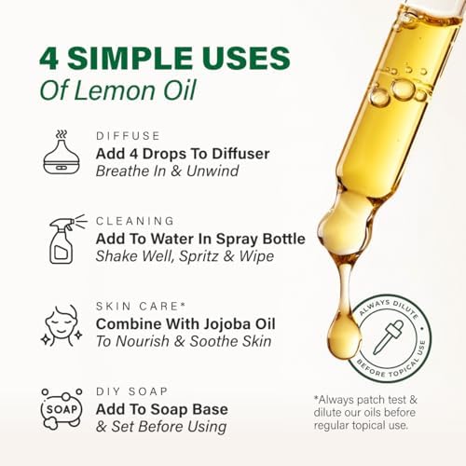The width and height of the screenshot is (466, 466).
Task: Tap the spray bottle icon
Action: tap(67, 240)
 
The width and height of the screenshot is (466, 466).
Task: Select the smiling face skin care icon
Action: tap(62, 325)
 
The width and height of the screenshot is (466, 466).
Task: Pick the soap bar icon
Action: tap(62, 409)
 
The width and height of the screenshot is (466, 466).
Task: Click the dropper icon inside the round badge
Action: tap(389, 337)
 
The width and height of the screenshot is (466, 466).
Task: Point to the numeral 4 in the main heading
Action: tap(49, 59)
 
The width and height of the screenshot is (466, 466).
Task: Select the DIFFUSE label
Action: tap(128, 136)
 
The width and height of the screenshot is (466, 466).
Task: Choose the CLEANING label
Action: tap(135, 221)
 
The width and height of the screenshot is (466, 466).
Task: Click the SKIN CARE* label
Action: tap(141, 306)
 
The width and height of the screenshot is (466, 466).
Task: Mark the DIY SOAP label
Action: tap(132, 391)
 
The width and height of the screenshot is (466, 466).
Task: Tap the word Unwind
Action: tap(212, 171)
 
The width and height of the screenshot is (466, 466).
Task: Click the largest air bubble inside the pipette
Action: tap(404, 89)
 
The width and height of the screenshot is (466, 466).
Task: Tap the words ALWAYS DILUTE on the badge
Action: tap(389, 308)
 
